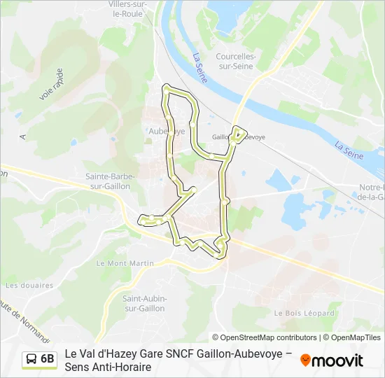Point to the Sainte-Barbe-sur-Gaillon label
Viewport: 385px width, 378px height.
(110, 181)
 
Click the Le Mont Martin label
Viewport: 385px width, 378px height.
(114, 263)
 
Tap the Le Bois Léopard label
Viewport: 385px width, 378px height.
(304, 313)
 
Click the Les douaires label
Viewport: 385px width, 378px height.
(29, 285)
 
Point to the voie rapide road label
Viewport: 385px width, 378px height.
(52, 84)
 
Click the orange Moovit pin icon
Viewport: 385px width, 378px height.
(304, 361)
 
